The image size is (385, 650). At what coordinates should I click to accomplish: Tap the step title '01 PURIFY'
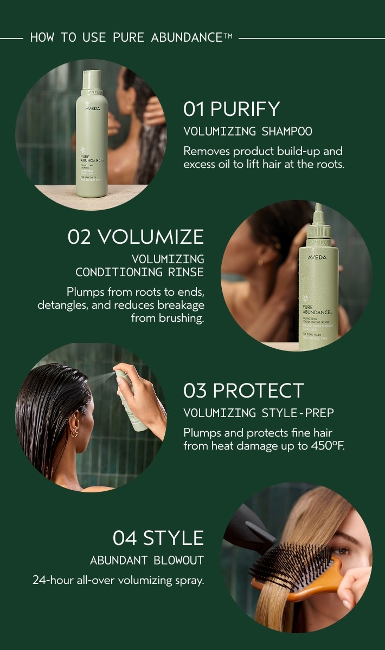(232, 109)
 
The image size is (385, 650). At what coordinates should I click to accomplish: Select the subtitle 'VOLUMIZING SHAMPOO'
(248, 132)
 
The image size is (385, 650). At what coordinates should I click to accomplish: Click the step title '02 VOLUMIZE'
(136, 237)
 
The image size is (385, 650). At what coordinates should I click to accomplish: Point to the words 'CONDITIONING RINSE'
(140, 272)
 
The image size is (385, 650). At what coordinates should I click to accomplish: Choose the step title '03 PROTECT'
(243, 391)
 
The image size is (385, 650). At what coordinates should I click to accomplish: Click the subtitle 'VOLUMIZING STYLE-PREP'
(259, 413)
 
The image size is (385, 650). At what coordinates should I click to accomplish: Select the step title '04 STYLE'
(158, 538)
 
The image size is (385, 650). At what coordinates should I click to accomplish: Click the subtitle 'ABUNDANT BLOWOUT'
(147, 561)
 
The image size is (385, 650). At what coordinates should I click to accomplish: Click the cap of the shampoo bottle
(92, 79)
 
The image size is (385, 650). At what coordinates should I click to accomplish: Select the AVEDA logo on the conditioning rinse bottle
(318, 257)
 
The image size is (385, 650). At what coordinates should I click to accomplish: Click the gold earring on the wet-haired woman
(74, 433)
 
